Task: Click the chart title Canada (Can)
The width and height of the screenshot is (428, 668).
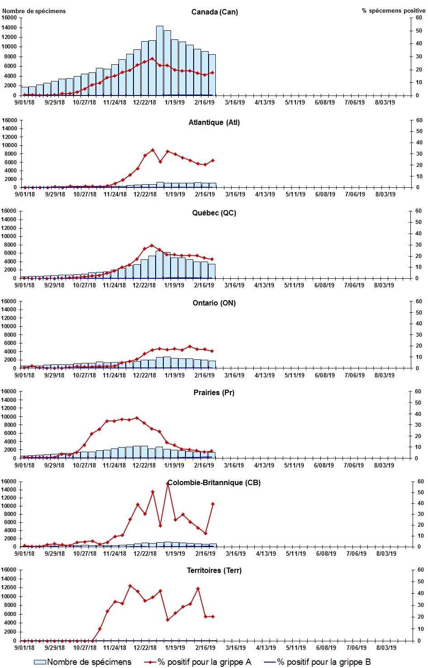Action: click(x=214, y=12)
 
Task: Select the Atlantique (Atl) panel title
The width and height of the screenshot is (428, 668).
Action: click(x=214, y=122)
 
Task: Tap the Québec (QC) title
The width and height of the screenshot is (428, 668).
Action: click(x=214, y=213)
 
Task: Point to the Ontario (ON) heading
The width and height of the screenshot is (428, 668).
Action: click(x=214, y=303)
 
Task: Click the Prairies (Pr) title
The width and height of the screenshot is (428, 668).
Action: click(x=214, y=392)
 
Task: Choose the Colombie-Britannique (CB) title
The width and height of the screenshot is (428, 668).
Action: click(x=214, y=482)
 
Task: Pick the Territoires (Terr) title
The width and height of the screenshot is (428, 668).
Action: click(x=214, y=570)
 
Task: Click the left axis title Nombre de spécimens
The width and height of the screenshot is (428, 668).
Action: click(x=34, y=11)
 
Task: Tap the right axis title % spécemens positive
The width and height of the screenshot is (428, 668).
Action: click(x=393, y=10)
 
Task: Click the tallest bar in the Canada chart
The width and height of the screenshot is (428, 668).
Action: click(x=160, y=61)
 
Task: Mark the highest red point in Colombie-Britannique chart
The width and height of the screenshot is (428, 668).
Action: click(x=168, y=483)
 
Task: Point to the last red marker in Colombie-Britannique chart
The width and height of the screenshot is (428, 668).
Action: click(x=213, y=504)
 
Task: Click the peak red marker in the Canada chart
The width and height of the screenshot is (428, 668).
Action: click(x=152, y=58)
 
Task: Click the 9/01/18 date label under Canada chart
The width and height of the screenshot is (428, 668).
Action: click(x=25, y=102)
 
